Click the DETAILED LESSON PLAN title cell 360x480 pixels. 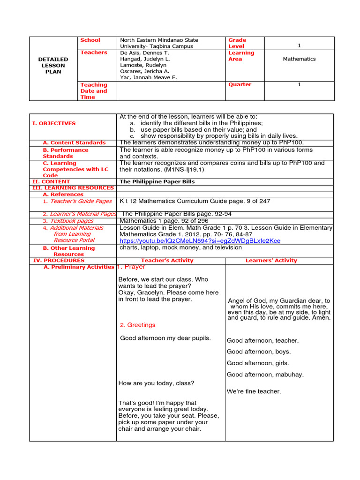click(53, 66)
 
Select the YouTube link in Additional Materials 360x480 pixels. click(200, 241)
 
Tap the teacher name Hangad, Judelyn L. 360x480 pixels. click(145, 60)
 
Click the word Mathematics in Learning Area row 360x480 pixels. click(299, 59)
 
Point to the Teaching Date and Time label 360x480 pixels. click(94, 91)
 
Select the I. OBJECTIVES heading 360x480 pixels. click(53, 123)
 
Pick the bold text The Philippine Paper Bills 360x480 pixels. click(157, 182)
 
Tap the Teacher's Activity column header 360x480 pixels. click(167, 261)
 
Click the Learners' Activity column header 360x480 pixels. click(271, 261)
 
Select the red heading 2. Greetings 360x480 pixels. click(138, 325)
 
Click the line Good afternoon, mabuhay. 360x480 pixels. click(265, 375)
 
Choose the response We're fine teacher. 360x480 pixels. click(254, 391)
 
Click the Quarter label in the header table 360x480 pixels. click(240, 84)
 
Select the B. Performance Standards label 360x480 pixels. click(65, 153)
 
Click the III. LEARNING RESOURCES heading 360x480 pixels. click(73, 188)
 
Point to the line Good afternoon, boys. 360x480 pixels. click(259, 352)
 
